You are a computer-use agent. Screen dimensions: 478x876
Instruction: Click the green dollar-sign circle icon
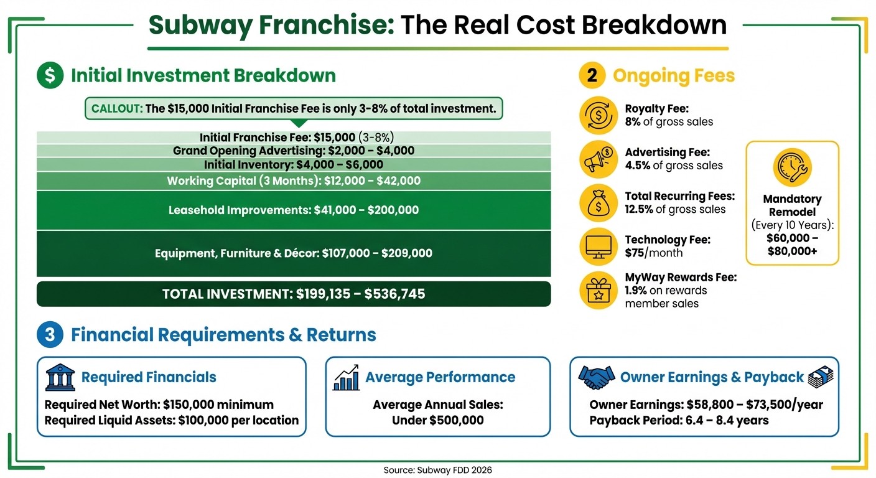click(50, 76)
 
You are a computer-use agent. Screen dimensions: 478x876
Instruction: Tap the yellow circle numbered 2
click(592, 76)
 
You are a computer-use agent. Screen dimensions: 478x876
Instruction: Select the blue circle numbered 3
click(50, 335)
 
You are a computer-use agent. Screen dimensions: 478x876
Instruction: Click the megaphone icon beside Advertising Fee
click(599, 159)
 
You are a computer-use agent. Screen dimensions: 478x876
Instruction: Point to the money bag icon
click(599, 204)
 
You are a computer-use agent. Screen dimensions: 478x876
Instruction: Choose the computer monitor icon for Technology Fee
click(599, 246)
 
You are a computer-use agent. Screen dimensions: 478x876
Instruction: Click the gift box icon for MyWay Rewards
click(599, 290)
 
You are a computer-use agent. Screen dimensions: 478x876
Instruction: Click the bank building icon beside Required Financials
click(60, 377)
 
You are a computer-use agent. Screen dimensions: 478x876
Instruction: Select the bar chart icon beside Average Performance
click(347, 377)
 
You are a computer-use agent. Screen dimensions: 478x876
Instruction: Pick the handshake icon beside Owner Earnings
click(597, 377)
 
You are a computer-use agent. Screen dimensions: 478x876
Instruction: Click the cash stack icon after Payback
click(820, 377)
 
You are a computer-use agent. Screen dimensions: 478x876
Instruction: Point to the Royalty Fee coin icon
click(599, 116)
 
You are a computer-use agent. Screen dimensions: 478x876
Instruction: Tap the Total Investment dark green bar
click(294, 294)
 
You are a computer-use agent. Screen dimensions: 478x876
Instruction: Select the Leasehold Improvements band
click(294, 210)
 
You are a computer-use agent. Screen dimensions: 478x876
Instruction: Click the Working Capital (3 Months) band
click(294, 181)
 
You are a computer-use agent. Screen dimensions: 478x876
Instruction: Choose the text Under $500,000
click(438, 420)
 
